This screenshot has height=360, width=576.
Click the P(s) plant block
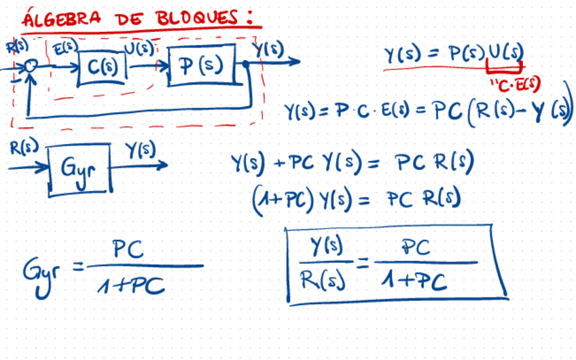(x=202, y=65)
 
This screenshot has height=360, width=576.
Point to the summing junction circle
(x=29, y=67)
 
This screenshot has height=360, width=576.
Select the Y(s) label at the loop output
(x=269, y=49)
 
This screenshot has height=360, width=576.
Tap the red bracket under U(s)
(x=504, y=67)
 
